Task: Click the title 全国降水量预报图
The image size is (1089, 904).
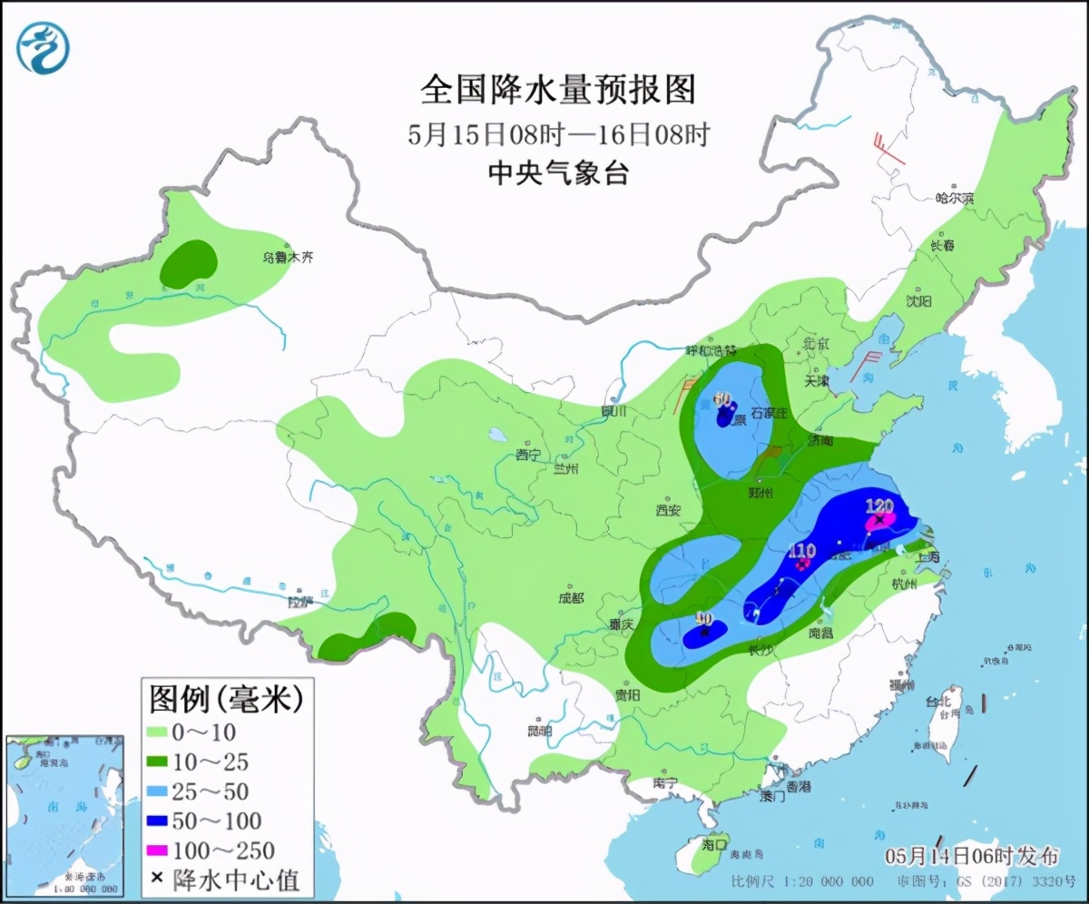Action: pos(557,90)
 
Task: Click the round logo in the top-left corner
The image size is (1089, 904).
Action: pos(43,47)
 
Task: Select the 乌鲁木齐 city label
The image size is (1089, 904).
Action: pos(288,258)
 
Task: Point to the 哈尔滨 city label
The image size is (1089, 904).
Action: pos(954,197)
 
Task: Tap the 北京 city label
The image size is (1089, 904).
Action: pos(817,343)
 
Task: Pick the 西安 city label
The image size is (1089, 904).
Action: pos(668,510)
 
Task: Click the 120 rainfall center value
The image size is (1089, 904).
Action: pos(880,506)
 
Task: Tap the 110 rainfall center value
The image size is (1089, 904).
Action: pos(802,550)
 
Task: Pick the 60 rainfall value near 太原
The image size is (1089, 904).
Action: pos(723,398)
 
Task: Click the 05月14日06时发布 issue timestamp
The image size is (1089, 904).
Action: pos(971,856)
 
